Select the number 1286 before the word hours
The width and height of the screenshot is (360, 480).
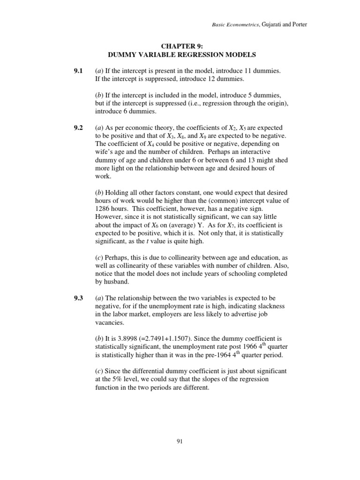[102, 208]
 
